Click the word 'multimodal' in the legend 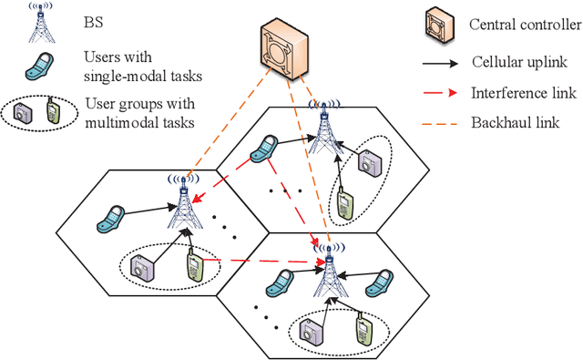115,119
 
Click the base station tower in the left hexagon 184,203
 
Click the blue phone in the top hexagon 268,149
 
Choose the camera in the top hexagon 369,161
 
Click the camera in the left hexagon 144,268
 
